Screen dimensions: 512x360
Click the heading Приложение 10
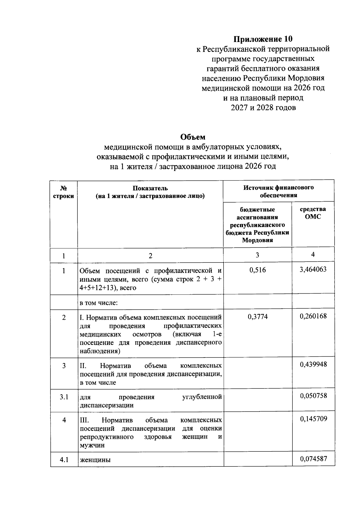(x=263, y=39)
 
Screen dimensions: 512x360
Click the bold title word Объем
(x=193, y=137)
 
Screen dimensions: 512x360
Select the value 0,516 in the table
(x=257, y=270)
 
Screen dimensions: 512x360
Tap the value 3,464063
(x=313, y=269)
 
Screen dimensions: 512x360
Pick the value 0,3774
(x=257, y=316)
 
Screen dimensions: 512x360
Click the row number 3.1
(x=64, y=397)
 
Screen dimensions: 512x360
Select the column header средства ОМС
(x=313, y=213)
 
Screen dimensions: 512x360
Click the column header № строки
(x=64, y=192)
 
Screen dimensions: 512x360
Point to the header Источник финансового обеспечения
(x=278, y=191)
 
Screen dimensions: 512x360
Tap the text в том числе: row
(x=98, y=303)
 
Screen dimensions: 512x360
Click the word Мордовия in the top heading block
(x=306, y=78)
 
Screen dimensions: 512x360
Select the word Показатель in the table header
(x=150, y=188)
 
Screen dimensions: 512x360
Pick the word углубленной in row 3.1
(x=202, y=397)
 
